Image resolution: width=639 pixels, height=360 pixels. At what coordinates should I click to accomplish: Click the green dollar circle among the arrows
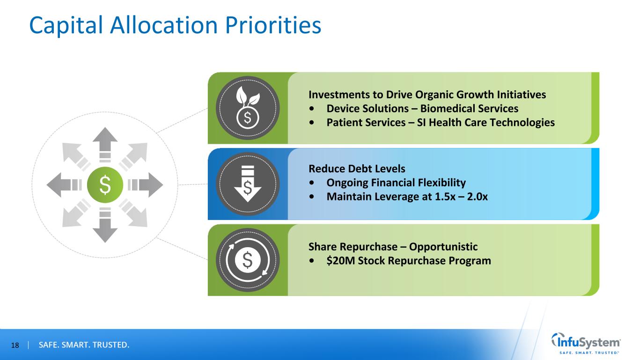(x=105, y=185)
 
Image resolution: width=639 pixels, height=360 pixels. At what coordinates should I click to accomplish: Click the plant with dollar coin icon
(x=248, y=108)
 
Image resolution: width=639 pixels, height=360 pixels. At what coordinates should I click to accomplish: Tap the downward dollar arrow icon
(x=248, y=184)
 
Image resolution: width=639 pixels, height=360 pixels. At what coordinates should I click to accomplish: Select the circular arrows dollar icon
(x=248, y=260)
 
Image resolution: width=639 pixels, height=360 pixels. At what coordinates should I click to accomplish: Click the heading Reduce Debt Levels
(x=357, y=168)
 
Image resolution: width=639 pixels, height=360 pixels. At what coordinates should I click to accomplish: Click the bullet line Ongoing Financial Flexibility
(x=396, y=182)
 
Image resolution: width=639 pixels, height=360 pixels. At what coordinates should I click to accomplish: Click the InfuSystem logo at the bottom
(x=587, y=343)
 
